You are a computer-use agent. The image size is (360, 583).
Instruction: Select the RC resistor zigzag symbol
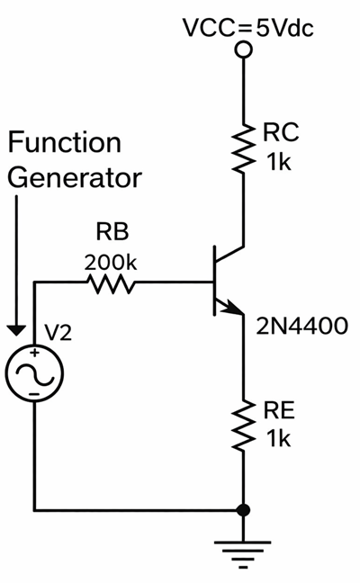(242, 148)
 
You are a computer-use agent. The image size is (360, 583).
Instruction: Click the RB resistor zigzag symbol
(112, 284)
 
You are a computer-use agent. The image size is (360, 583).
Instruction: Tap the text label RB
(112, 232)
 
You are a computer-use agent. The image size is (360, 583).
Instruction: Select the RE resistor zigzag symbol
(242, 426)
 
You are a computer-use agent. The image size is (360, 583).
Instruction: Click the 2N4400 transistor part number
(300, 326)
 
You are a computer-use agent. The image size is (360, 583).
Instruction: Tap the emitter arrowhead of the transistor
(238, 311)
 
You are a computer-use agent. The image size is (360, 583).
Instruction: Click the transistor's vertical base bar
(214, 283)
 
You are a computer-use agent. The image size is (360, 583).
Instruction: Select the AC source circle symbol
(33, 372)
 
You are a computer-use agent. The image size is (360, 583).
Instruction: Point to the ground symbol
(242, 550)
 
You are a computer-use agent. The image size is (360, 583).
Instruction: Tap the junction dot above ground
(242, 509)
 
